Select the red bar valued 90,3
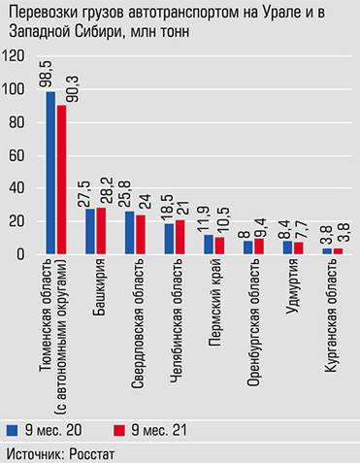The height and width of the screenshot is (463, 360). pyautogui.click(x=61, y=180)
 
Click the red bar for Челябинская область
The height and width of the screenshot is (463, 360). pyautogui.click(x=179, y=237)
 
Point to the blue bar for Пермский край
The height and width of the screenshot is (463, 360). pyautogui.click(x=209, y=244)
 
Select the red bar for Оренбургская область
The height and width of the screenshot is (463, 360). pyautogui.click(x=257, y=246)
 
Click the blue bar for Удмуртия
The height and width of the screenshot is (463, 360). pyautogui.click(x=287, y=247)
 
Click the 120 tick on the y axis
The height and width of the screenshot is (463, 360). pyautogui.click(x=16, y=57)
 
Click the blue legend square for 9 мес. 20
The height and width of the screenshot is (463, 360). pyautogui.click(x=12, y=428)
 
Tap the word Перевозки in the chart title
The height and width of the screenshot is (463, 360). pyautogui.click(x=38, y=13)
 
